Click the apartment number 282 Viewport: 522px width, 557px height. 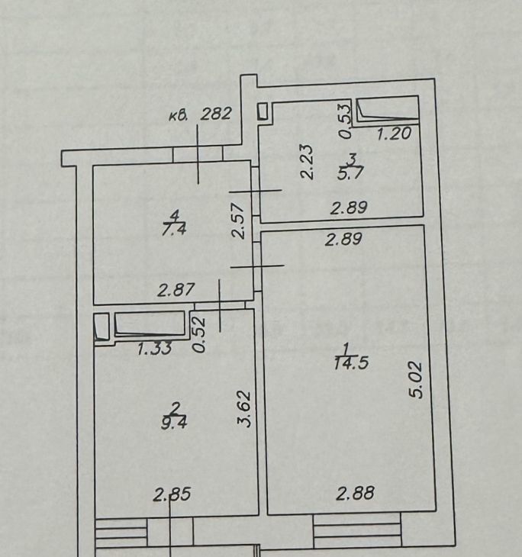pyautogui.click(x=216, y=114)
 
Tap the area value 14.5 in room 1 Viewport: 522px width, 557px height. pyautogui.click(x=351, y=363)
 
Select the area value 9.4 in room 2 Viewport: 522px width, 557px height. pyautogui.click(x=174, y=423)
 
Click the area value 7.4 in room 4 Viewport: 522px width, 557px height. pyautogui.click(x=174, y=230)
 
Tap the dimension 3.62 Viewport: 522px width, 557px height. pyautogui.click(x=244, y=409)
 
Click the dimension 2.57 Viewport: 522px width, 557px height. pyautogui.click(x=238, y=221)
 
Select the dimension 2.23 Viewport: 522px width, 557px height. pyautogui.click(x=307, y=162)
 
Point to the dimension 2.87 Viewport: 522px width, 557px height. pyautogui.click(x=176, y=290)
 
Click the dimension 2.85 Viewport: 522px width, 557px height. pyautogui.click(x=172, y=494)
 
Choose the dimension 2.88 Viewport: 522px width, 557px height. pyautogui.click(x=356, y=494)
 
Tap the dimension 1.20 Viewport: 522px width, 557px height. pyautogui.click(x=394, y=134)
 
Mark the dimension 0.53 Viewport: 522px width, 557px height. pyautogui.click(x=345, y=121)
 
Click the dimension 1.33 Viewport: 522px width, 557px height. pyautogui.click(x=155, y=349)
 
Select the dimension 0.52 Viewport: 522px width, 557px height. pyautogui.click(x=199, y=335)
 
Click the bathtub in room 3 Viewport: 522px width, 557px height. pyautogui.click(x=388, y=110)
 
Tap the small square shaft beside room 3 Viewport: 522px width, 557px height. pyautogui.click(x=263, y=111)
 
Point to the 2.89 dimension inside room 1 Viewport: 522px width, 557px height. pyautogui.click(x=343, y=239)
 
